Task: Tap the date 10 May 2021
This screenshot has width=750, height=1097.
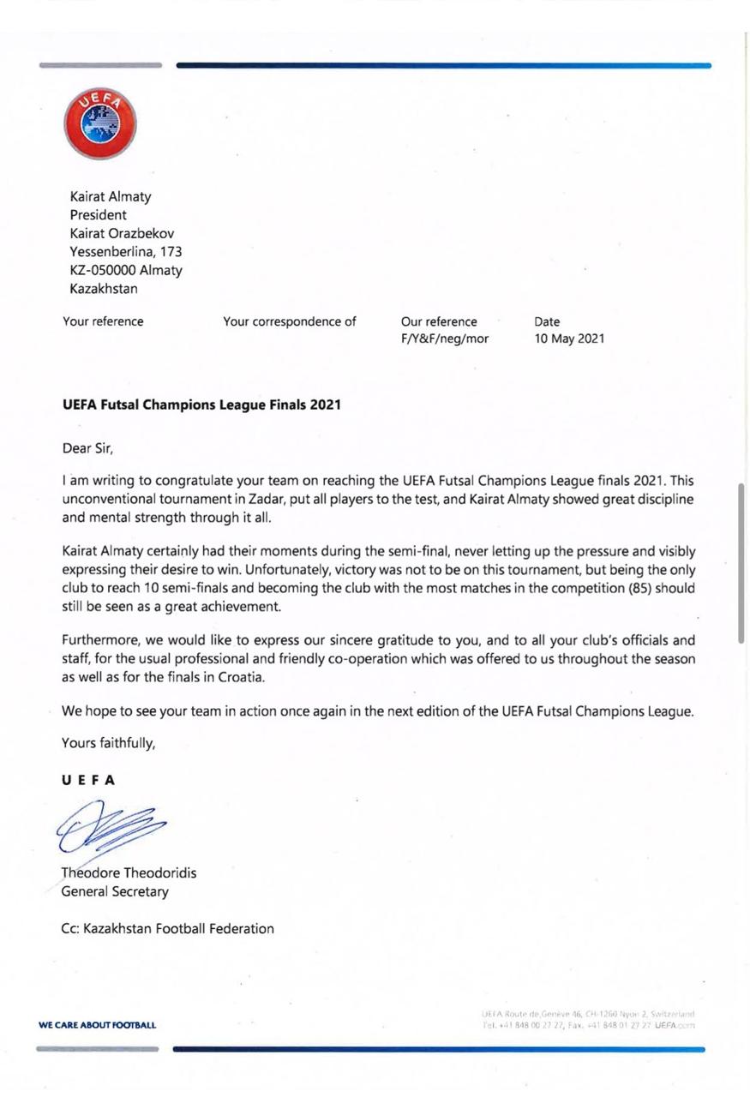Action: click(x=568, y=339)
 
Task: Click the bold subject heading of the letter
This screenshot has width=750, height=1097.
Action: click(x=201, y=405)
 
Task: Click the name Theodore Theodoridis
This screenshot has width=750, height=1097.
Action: click(x=129, y=873)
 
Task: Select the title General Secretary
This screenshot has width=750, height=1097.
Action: click(x=115, y=891)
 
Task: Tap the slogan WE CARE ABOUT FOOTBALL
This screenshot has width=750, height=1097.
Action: click(x=98, y=1025)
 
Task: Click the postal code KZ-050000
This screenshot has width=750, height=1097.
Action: click(x=102, y=271)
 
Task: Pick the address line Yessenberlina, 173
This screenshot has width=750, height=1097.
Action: click(x=125, y=252)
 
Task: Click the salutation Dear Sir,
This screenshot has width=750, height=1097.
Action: click(x=87, y=447)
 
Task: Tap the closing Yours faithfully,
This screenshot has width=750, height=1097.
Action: click(x=109, y=744)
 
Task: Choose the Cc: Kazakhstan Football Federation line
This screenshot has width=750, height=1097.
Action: click(x=168, y=928)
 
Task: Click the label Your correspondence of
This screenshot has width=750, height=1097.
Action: click(x=289, y=322)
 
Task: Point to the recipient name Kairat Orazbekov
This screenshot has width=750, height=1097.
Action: click(x=122, y=233)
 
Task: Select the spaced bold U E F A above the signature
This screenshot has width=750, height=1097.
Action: click(x=88, y=781)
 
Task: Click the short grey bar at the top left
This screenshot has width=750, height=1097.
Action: click(x=100, y=65)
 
